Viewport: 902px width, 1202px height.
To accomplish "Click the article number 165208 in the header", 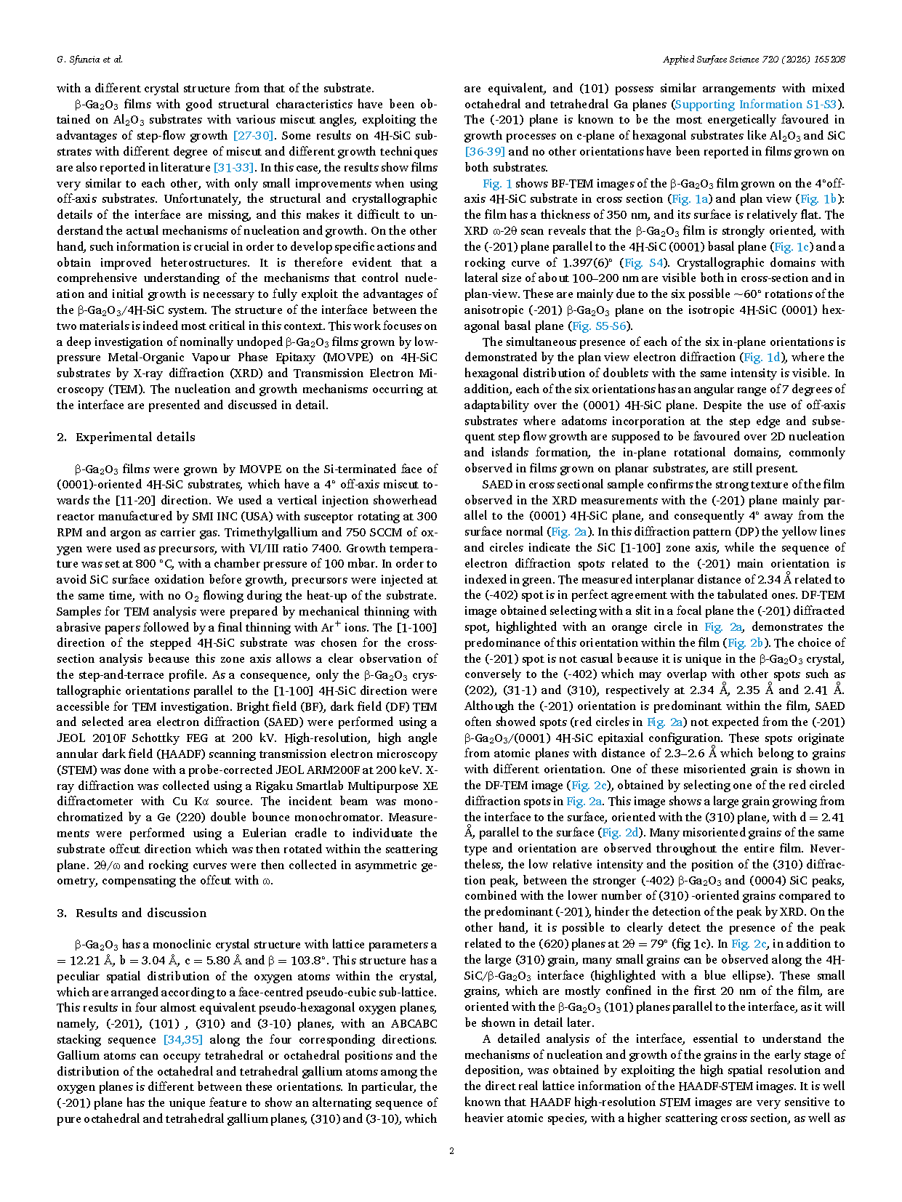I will [x=828, y=60].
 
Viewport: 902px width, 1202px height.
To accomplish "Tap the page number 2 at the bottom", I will [x=451, y=1150].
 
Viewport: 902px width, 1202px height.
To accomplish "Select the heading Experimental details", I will [x=135, y=437].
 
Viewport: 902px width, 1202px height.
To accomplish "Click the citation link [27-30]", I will [x=254, y=136].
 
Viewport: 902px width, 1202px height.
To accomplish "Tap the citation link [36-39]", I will [x=485, y=152].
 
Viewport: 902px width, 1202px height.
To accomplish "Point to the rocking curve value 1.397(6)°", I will [x=584, y=262].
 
